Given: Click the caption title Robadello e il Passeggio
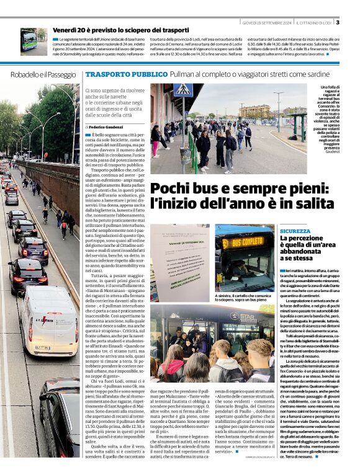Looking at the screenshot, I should click(43, 74).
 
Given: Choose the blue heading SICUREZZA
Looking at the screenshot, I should click(295, 231).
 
